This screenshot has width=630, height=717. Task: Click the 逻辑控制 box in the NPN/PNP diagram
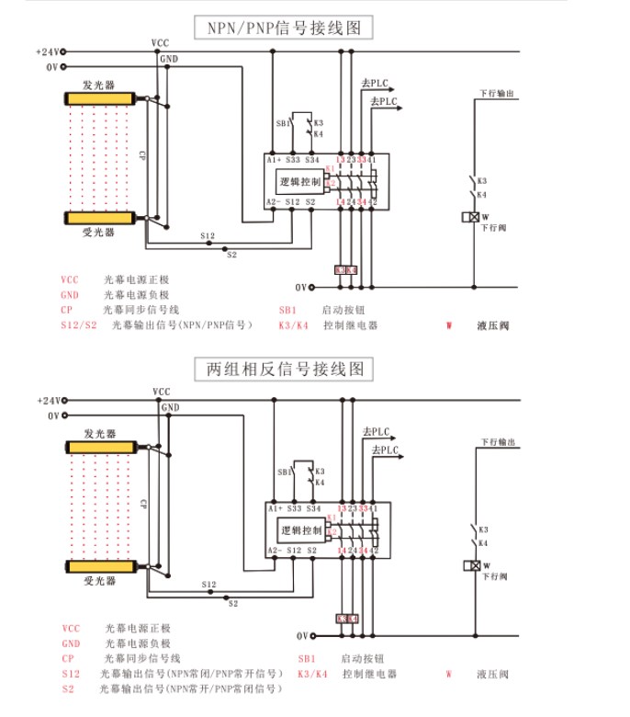point(299,182)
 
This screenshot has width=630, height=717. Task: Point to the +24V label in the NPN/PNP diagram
point(47,51)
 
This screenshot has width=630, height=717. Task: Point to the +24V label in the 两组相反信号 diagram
point(48,401)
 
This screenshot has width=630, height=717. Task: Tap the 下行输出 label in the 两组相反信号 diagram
point(496,443)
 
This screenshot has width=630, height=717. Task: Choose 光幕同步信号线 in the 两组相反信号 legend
point(142,659)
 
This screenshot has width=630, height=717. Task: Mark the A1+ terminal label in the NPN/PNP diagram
point(274,160)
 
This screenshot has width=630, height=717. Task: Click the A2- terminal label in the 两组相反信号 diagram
point(274,550)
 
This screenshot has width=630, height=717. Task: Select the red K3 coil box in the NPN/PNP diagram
point(341,270)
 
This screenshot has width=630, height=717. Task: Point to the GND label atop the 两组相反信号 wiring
point(170,407)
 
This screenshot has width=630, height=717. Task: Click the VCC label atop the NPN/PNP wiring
point(160,43)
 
